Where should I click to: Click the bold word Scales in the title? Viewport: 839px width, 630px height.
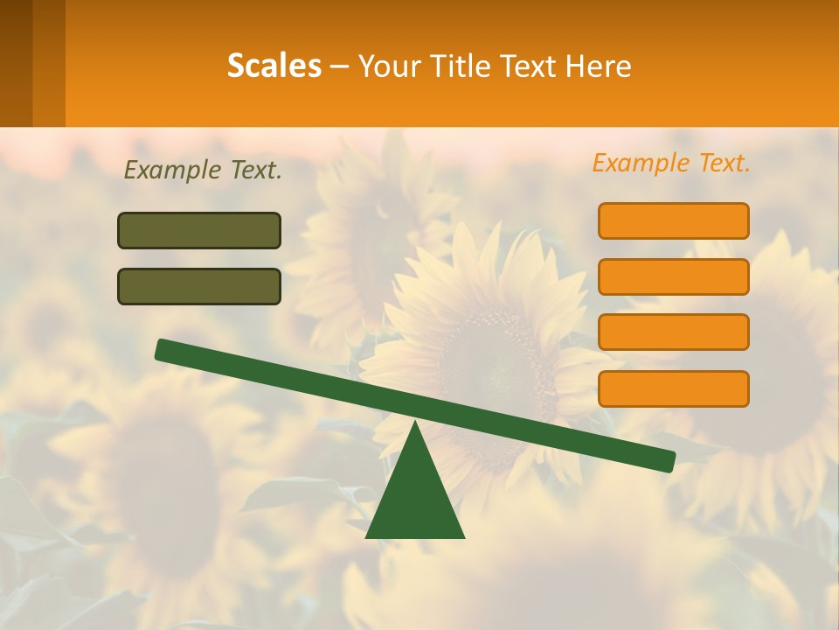click(x=274, y=66)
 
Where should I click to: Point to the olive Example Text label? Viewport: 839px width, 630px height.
click(x=203, y=170)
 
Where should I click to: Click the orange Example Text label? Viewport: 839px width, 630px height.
click(x=671, y=163)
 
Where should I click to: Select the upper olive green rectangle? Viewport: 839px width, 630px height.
click(x=199, y=230)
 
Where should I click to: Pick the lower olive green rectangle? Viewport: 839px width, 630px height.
click(x=199, y=286)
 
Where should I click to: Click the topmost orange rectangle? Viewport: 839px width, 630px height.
click(x=673, y=220)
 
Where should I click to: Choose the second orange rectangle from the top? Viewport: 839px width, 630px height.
click(x=673, y=276)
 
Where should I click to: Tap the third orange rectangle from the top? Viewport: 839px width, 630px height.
click(x=673, y=332)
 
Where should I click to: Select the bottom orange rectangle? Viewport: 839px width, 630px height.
click(x=673, y=388)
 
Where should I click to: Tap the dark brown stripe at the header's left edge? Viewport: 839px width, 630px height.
click(x=16, y=63)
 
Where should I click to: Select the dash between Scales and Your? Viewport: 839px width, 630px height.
click(x=339, y=66)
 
